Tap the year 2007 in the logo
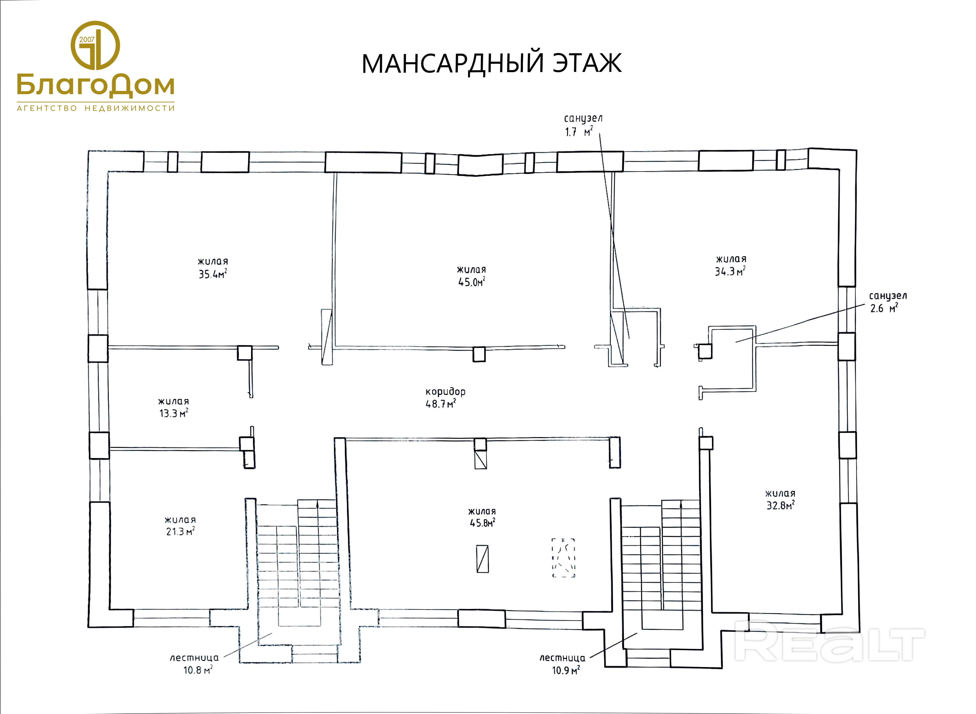87,39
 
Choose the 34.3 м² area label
730,271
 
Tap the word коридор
445,392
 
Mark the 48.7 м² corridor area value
441,404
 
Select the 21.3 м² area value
180,531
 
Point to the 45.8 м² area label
482,522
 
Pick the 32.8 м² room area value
780,505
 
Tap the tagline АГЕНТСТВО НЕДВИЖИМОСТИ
96,108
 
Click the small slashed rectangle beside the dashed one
482,559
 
